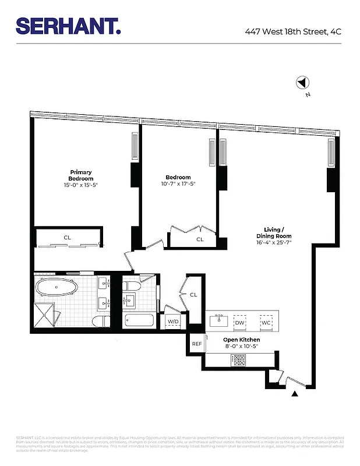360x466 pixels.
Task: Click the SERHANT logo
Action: (x=68, y=26)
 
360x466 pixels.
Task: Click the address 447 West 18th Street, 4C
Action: (x=293, y=31)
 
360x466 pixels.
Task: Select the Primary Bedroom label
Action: (x=81, y=175)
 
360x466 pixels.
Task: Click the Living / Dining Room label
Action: (x=274, y=232)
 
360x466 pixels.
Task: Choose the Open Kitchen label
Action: (x=241, y=340)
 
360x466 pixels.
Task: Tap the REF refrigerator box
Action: (x=196, y=344)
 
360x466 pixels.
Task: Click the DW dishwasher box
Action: (x=239, y=322)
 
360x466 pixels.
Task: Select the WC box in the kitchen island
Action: (x=266, y=322)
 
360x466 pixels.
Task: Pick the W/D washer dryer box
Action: (x=174, y=322)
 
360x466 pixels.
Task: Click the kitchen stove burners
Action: (x=239, y=361)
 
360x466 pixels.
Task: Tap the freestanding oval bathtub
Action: (x=58, y=287)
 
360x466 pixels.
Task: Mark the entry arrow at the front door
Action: (x=295, y=394)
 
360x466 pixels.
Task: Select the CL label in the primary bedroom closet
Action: (x=68, y=237)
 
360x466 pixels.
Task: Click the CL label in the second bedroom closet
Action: (x=200, y=239)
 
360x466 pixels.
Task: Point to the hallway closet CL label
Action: (x=193, y=295)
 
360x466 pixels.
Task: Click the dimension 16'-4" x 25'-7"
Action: (x=274, y=242)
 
